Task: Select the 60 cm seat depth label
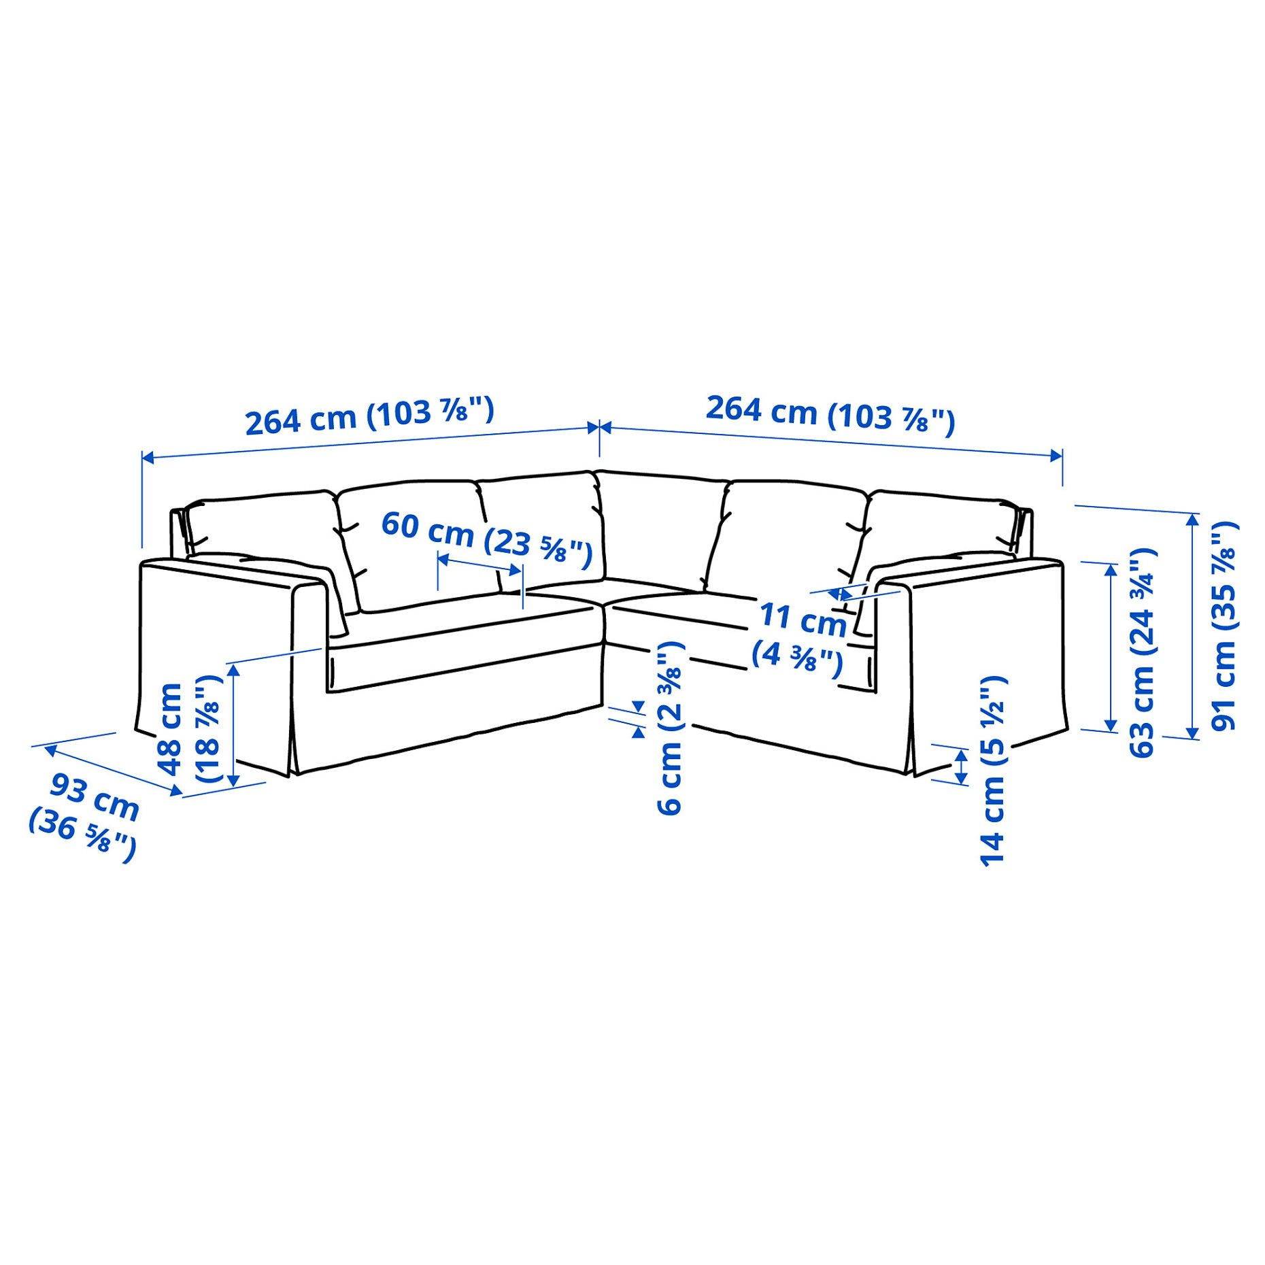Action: pyautogui.click(x=486, y=539)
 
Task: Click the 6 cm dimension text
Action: pyautogui.click(x=669, y=728)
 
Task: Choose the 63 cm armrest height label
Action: pyautogui.click(x=1142, y=652)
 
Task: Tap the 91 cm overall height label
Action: pyautogui.click(x=1224, y=626)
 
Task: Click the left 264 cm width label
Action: pyautogui.click(x=369, y=416)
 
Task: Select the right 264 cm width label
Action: pyautogui.click(x=830, y=412)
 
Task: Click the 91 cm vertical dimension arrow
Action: pyautogui.click(x=1192, y=626)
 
